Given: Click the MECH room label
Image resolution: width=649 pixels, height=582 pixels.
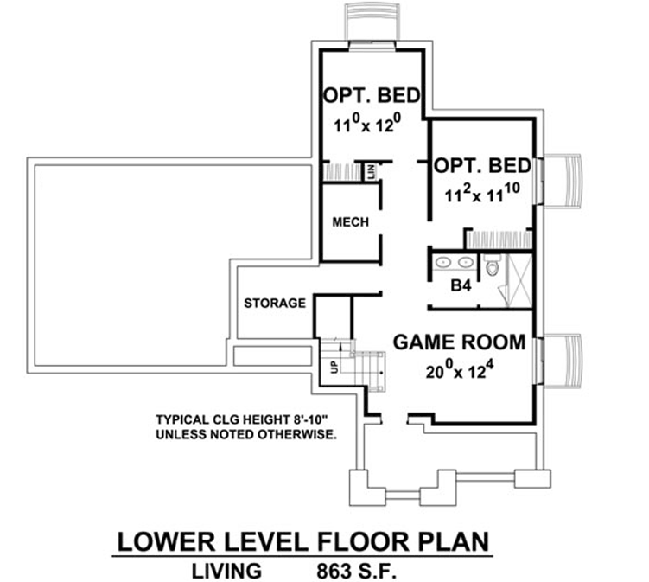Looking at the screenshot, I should point(350,222).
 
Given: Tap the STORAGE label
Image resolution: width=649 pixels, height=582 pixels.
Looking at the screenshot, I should point(274,303).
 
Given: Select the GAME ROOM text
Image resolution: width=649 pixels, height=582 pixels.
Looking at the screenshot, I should point(458,342).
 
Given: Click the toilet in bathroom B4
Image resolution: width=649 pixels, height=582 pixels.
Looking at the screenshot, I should point(492,266).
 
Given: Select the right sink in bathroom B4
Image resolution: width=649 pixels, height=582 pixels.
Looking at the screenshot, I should point(465,261).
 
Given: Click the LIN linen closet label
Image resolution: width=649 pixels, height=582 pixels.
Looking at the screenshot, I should point(370,171).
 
